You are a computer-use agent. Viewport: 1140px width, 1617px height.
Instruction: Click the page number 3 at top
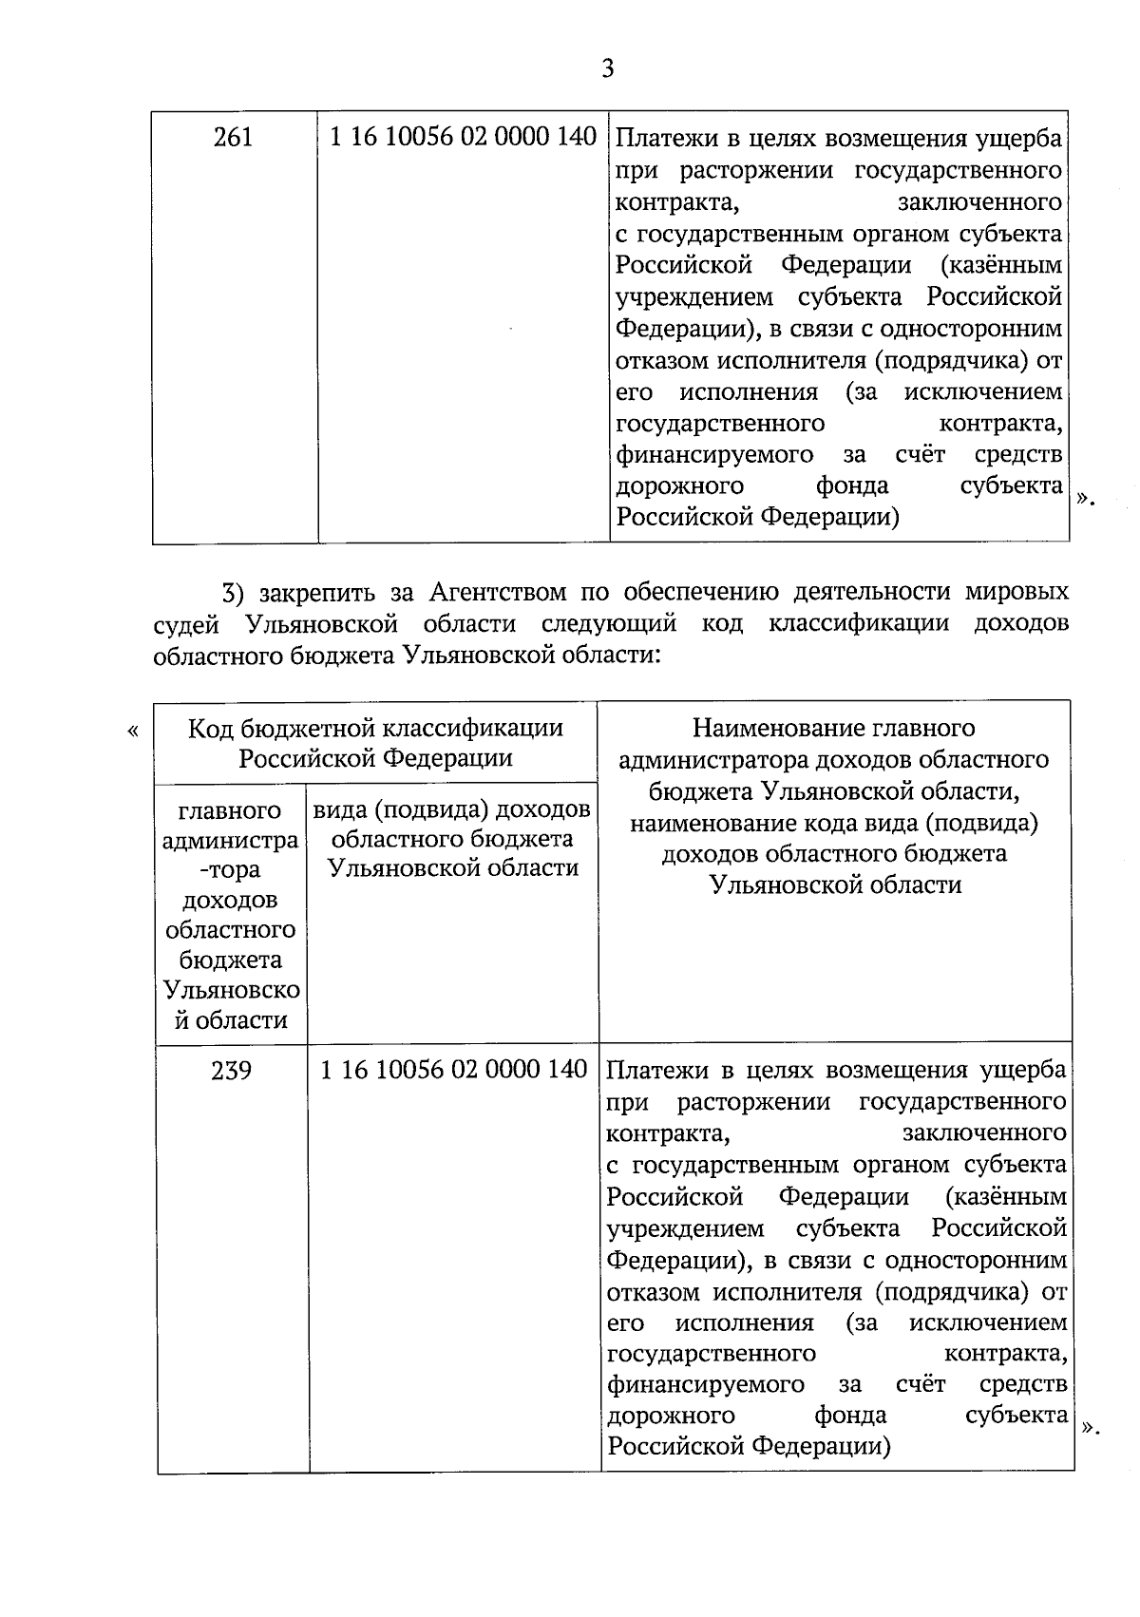tap(608, 68)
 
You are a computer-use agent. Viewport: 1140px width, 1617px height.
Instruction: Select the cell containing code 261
tap(234, 138)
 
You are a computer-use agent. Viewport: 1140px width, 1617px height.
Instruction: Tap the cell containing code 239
tap(232, 1071)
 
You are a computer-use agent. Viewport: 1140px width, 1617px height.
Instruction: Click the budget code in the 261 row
tap(463, 138)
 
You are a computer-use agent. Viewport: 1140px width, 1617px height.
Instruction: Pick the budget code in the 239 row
tap(454, 1070)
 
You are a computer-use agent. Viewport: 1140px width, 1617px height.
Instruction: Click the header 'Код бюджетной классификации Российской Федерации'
tap(375, 742)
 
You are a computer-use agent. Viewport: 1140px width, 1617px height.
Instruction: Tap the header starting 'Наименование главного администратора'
tap(834, 806)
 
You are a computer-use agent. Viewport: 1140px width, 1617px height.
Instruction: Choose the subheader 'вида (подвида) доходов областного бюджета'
tap(452, 838)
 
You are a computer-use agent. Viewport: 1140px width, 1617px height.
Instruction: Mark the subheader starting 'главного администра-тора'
tap(231, 914)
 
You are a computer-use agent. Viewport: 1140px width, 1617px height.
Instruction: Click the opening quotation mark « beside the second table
tap(132, 731)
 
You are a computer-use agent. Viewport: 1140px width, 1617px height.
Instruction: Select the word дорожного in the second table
tap(671, 1416)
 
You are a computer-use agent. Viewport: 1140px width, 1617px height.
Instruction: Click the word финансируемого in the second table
tap(705, 1384)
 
